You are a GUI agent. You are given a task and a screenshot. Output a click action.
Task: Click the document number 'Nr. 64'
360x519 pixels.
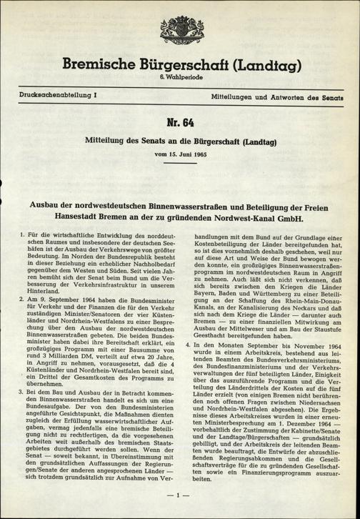click(x=179, y=122)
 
